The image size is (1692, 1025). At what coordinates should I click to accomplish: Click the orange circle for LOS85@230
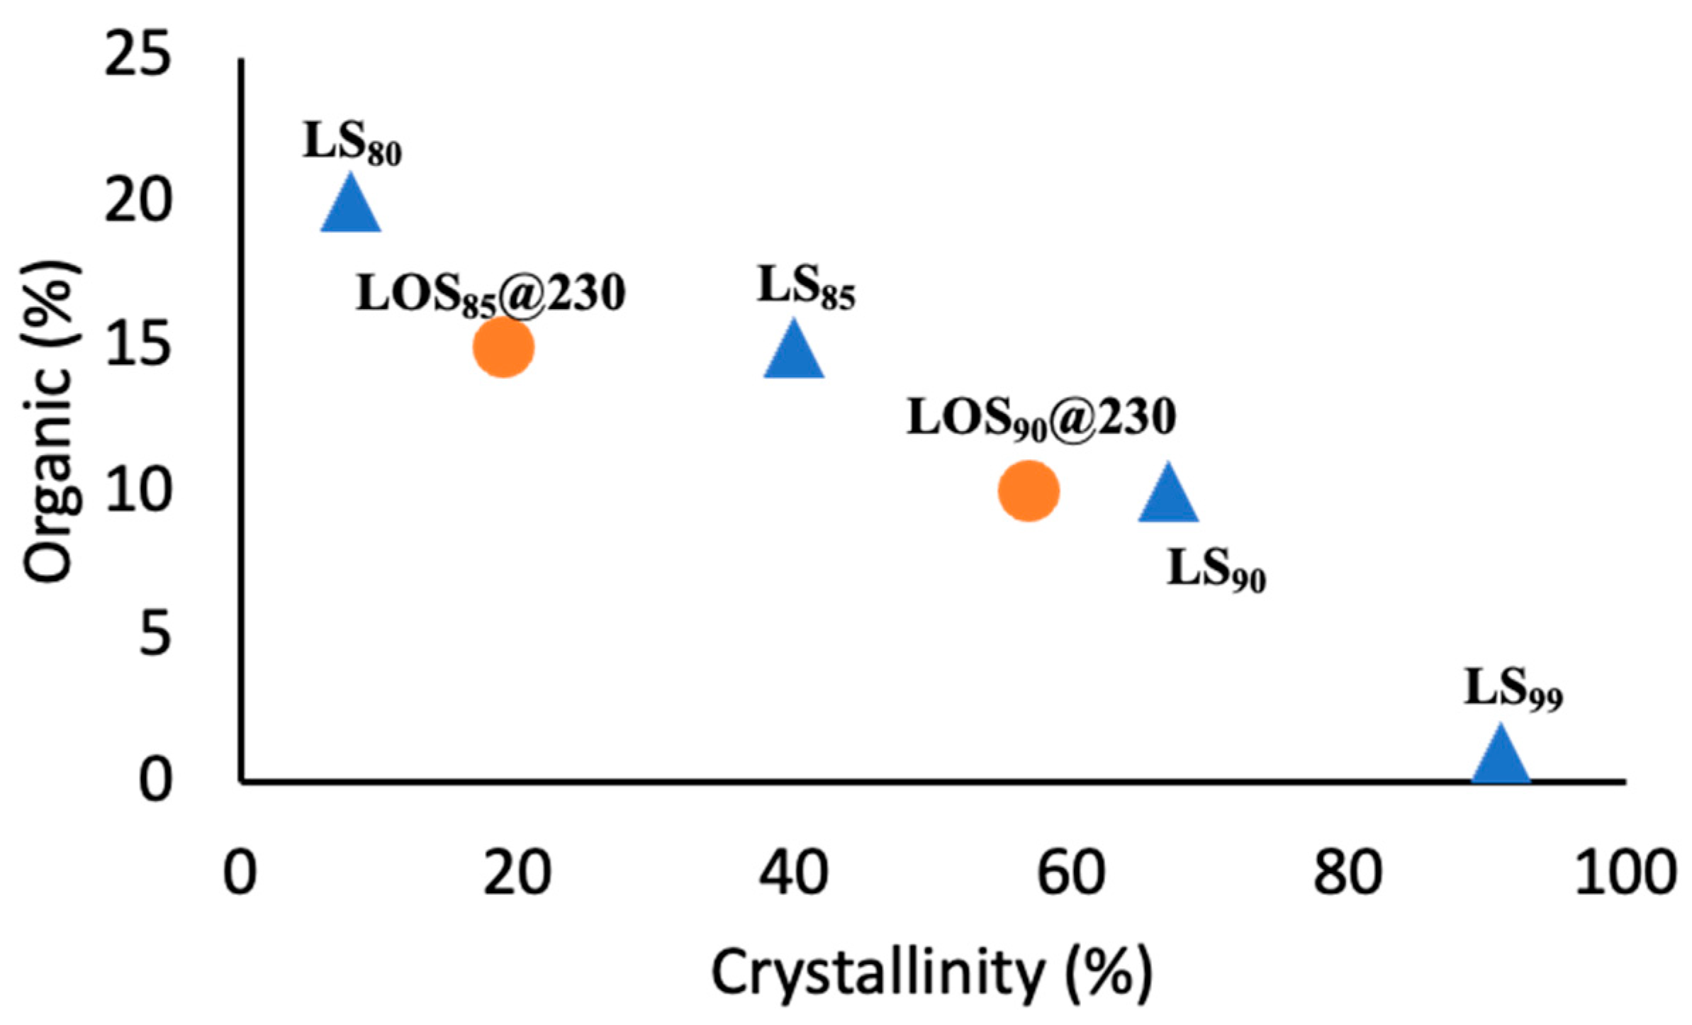coord(503,347)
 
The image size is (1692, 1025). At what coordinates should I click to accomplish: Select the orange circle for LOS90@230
coord(1028,491)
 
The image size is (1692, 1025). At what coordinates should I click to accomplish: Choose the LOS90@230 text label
coord(1042,418)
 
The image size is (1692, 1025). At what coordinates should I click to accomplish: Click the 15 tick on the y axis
coord(138,347)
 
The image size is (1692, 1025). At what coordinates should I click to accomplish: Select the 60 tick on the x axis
coord(1071,873)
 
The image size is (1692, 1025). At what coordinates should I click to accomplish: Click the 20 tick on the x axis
coord(517,873)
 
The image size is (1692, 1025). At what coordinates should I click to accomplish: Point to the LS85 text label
coord(807,288)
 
